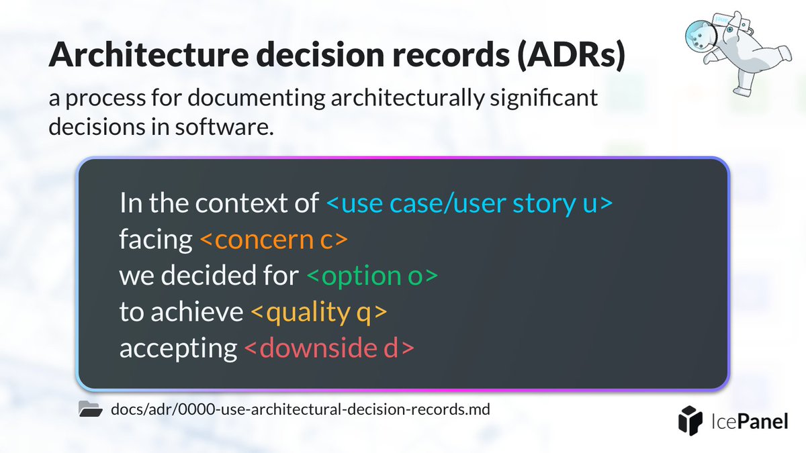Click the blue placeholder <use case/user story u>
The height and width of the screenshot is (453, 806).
tap(469, 203)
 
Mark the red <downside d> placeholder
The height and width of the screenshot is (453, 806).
tap(328, 348)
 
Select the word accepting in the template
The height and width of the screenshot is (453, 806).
tap(178, 348)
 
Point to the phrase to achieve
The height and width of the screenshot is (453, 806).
tap(181, 312)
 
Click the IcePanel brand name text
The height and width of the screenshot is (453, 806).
tap(751, 421)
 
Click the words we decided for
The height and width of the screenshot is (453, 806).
tap(209, 276)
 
